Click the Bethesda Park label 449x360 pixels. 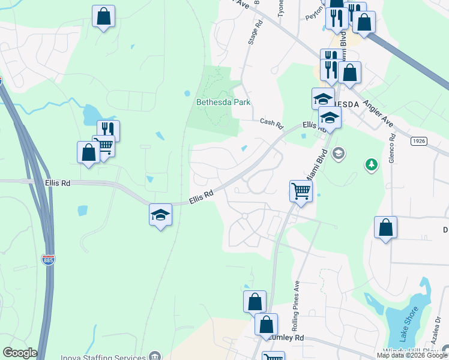point(223,102)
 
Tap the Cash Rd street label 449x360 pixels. point(271,124)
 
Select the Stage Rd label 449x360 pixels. point(256,33)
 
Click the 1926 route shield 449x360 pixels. point(419,141)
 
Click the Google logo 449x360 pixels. point(20,353)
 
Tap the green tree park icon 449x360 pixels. point(372,164)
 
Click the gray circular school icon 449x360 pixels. point(339,153)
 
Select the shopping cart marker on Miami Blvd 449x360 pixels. point(301,191)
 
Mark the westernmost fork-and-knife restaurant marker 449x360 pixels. point(108,130)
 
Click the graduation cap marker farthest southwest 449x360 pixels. point(160,215)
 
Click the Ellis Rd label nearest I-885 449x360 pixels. point(58,182)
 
